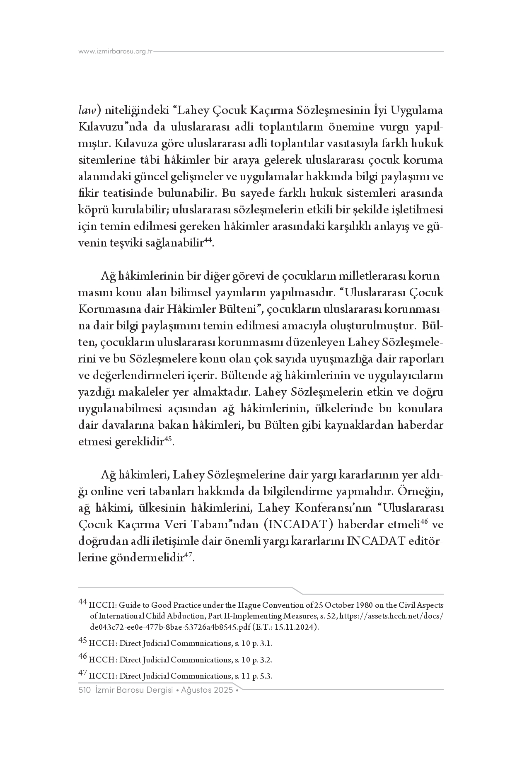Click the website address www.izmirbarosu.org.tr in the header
point(116,52)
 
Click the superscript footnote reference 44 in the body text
point(208,240)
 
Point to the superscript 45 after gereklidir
point(168,439)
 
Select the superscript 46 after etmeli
point(424,522)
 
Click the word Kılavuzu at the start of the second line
point(98,127)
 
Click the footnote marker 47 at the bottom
point(82,674)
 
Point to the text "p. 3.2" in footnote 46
point(261,660)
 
